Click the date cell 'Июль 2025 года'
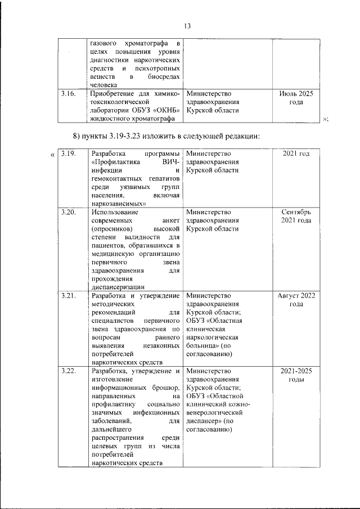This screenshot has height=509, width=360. tap(296, 97)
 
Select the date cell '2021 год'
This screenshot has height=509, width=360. tap(296, 154)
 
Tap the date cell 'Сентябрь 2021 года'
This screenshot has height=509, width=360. tap(296, 217)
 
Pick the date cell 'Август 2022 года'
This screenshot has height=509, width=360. tap(296, 299)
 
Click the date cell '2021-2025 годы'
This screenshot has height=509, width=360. tap(296, 375)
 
